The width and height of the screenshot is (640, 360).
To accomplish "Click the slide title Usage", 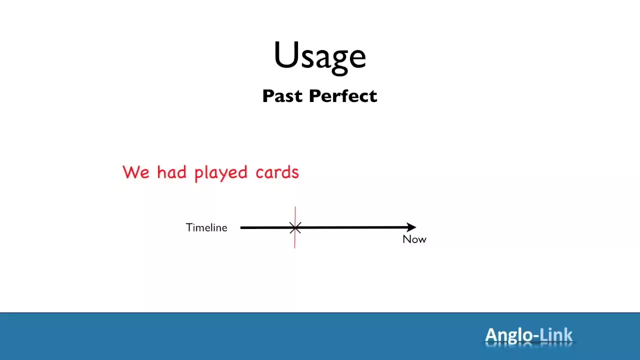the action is click(319, 56).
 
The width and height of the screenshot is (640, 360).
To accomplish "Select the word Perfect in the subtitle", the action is click(343, 95).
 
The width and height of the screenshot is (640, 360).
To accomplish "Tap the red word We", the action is click(136, 172).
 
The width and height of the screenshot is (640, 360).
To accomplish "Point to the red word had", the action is click(171, 172).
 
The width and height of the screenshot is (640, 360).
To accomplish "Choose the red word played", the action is click(221, 173).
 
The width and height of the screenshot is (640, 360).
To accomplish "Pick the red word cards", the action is click(277, 172).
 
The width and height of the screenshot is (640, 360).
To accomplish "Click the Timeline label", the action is click(206, 227).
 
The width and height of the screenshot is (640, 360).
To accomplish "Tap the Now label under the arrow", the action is click(414, 239).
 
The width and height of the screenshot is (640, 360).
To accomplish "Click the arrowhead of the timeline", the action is click(411, 227).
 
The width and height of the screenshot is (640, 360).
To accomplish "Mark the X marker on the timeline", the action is click(295, 227).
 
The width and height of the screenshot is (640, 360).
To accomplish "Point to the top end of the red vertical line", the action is click(295, 206).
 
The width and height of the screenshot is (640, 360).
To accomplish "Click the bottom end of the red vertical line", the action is click(295, 248).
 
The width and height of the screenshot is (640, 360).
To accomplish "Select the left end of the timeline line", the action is click(241, 227).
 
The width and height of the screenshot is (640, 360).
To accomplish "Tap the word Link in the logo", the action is click(556, 334).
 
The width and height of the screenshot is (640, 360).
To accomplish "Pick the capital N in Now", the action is click(406, 239).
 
